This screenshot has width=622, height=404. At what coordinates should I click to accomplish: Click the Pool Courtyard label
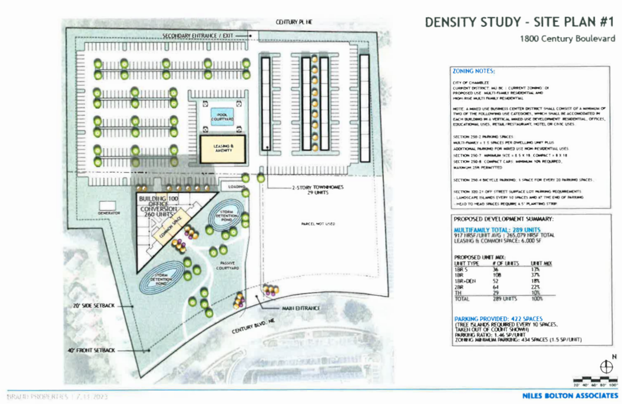point(222,117)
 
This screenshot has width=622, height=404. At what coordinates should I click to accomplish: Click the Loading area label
point(236,187)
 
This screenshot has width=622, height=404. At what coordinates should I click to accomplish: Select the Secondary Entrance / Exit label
point(197,36)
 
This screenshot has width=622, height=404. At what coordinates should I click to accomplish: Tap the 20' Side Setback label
point(94,306)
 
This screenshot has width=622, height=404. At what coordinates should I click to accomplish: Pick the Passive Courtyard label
point(227,266)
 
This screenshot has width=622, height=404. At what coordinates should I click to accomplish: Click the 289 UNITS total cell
point(505,299)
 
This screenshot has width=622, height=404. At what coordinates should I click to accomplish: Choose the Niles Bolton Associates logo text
point(570,396)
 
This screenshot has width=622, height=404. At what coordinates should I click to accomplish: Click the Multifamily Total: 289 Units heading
point(497,230)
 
